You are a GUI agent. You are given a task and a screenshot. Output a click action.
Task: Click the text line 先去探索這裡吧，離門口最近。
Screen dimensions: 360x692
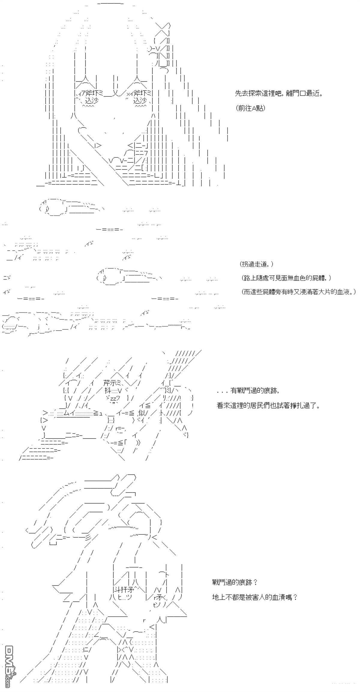[x=278, y=93]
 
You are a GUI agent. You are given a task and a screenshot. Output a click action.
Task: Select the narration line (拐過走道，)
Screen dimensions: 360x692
[x=256, y=264]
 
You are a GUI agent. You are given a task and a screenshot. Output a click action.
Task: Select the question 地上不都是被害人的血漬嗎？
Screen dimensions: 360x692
[x=255, y=597]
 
